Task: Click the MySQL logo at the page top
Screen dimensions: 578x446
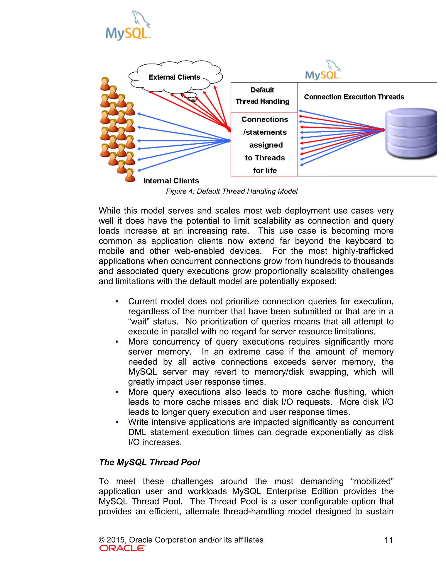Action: (x=128, y=26)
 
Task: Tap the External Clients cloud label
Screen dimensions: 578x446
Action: (x=174, y=77)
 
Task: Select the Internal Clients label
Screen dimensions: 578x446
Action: (x=171, y=181)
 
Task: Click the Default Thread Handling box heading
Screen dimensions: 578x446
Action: (x=262, y=96)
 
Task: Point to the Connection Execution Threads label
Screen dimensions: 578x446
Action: (x=354, y=97)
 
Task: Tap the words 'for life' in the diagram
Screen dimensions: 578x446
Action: (x=265, y=170)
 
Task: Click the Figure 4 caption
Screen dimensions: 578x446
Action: (x=231, y=191)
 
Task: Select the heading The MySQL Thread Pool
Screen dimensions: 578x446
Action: (x=149, y=462)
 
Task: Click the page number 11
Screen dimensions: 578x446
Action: (x=389, y=540)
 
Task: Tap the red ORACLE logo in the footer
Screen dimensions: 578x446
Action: (x=122, y=548)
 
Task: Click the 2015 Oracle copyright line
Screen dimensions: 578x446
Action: (x=181, y=540)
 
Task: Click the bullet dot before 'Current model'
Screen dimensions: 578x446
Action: (x=117, y=302)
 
